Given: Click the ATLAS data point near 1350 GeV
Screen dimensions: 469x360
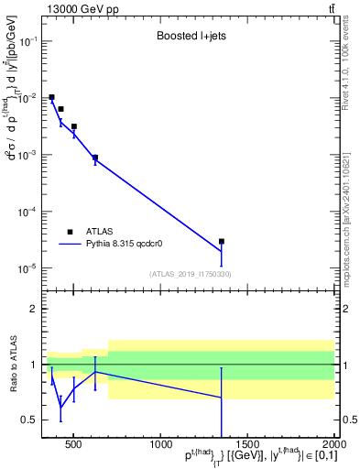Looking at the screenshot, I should coord(222,242).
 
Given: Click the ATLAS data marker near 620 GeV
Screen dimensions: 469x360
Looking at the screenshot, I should coord(95,158).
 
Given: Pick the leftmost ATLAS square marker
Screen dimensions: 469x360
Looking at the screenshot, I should coord(52,97).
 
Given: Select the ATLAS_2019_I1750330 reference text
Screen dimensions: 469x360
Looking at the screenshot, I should coord(190,274).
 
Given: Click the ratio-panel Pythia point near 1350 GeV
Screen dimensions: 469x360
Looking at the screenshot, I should coord(222,398).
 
